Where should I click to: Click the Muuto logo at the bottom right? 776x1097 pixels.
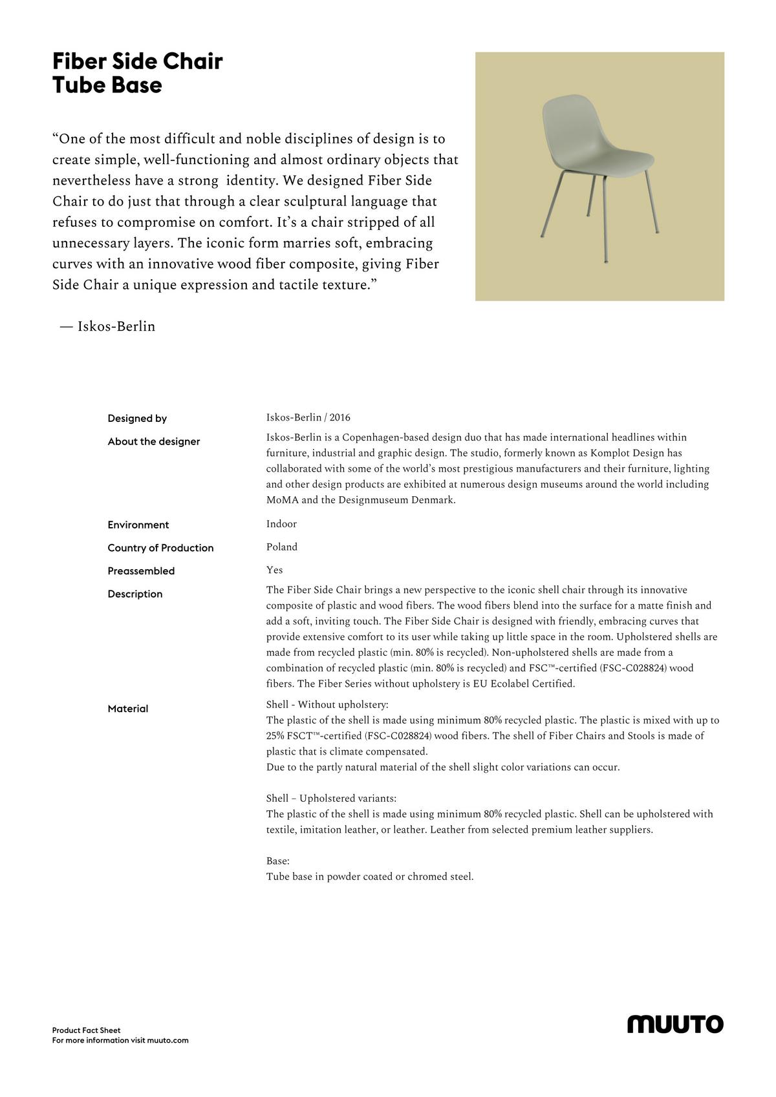tap(675, 1024)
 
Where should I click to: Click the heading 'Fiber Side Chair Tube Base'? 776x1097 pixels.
tap(137, 73)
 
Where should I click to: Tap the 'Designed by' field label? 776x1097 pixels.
tap(137, 419)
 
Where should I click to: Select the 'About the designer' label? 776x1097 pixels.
tap(154, 442)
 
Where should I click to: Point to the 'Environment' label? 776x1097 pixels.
tap(138, 525)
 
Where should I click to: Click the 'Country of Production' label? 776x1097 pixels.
tap(160, 548)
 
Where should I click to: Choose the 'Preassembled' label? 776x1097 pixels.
tap(141, 571)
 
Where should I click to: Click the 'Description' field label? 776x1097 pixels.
tap(135, 594)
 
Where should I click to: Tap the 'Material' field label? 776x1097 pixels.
tap(128, 709)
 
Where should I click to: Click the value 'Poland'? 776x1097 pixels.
tap(282, 547)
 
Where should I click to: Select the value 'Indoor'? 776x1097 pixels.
tap(281, 524)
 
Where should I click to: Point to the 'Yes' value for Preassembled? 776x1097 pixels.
tap(274, 570)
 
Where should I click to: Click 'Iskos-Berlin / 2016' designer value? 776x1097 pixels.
tap(308, 417)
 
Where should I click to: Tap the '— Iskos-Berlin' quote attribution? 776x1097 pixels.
tap(107, 326)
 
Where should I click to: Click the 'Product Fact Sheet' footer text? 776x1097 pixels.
tap(86, 1030)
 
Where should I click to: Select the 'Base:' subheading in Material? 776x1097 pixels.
tap(277, 861)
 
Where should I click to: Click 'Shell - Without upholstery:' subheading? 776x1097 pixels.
tap(327, 704)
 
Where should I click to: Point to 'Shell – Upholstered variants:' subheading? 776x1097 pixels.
tap(331, 799)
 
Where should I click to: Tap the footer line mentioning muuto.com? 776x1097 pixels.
tap(120, 1040)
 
